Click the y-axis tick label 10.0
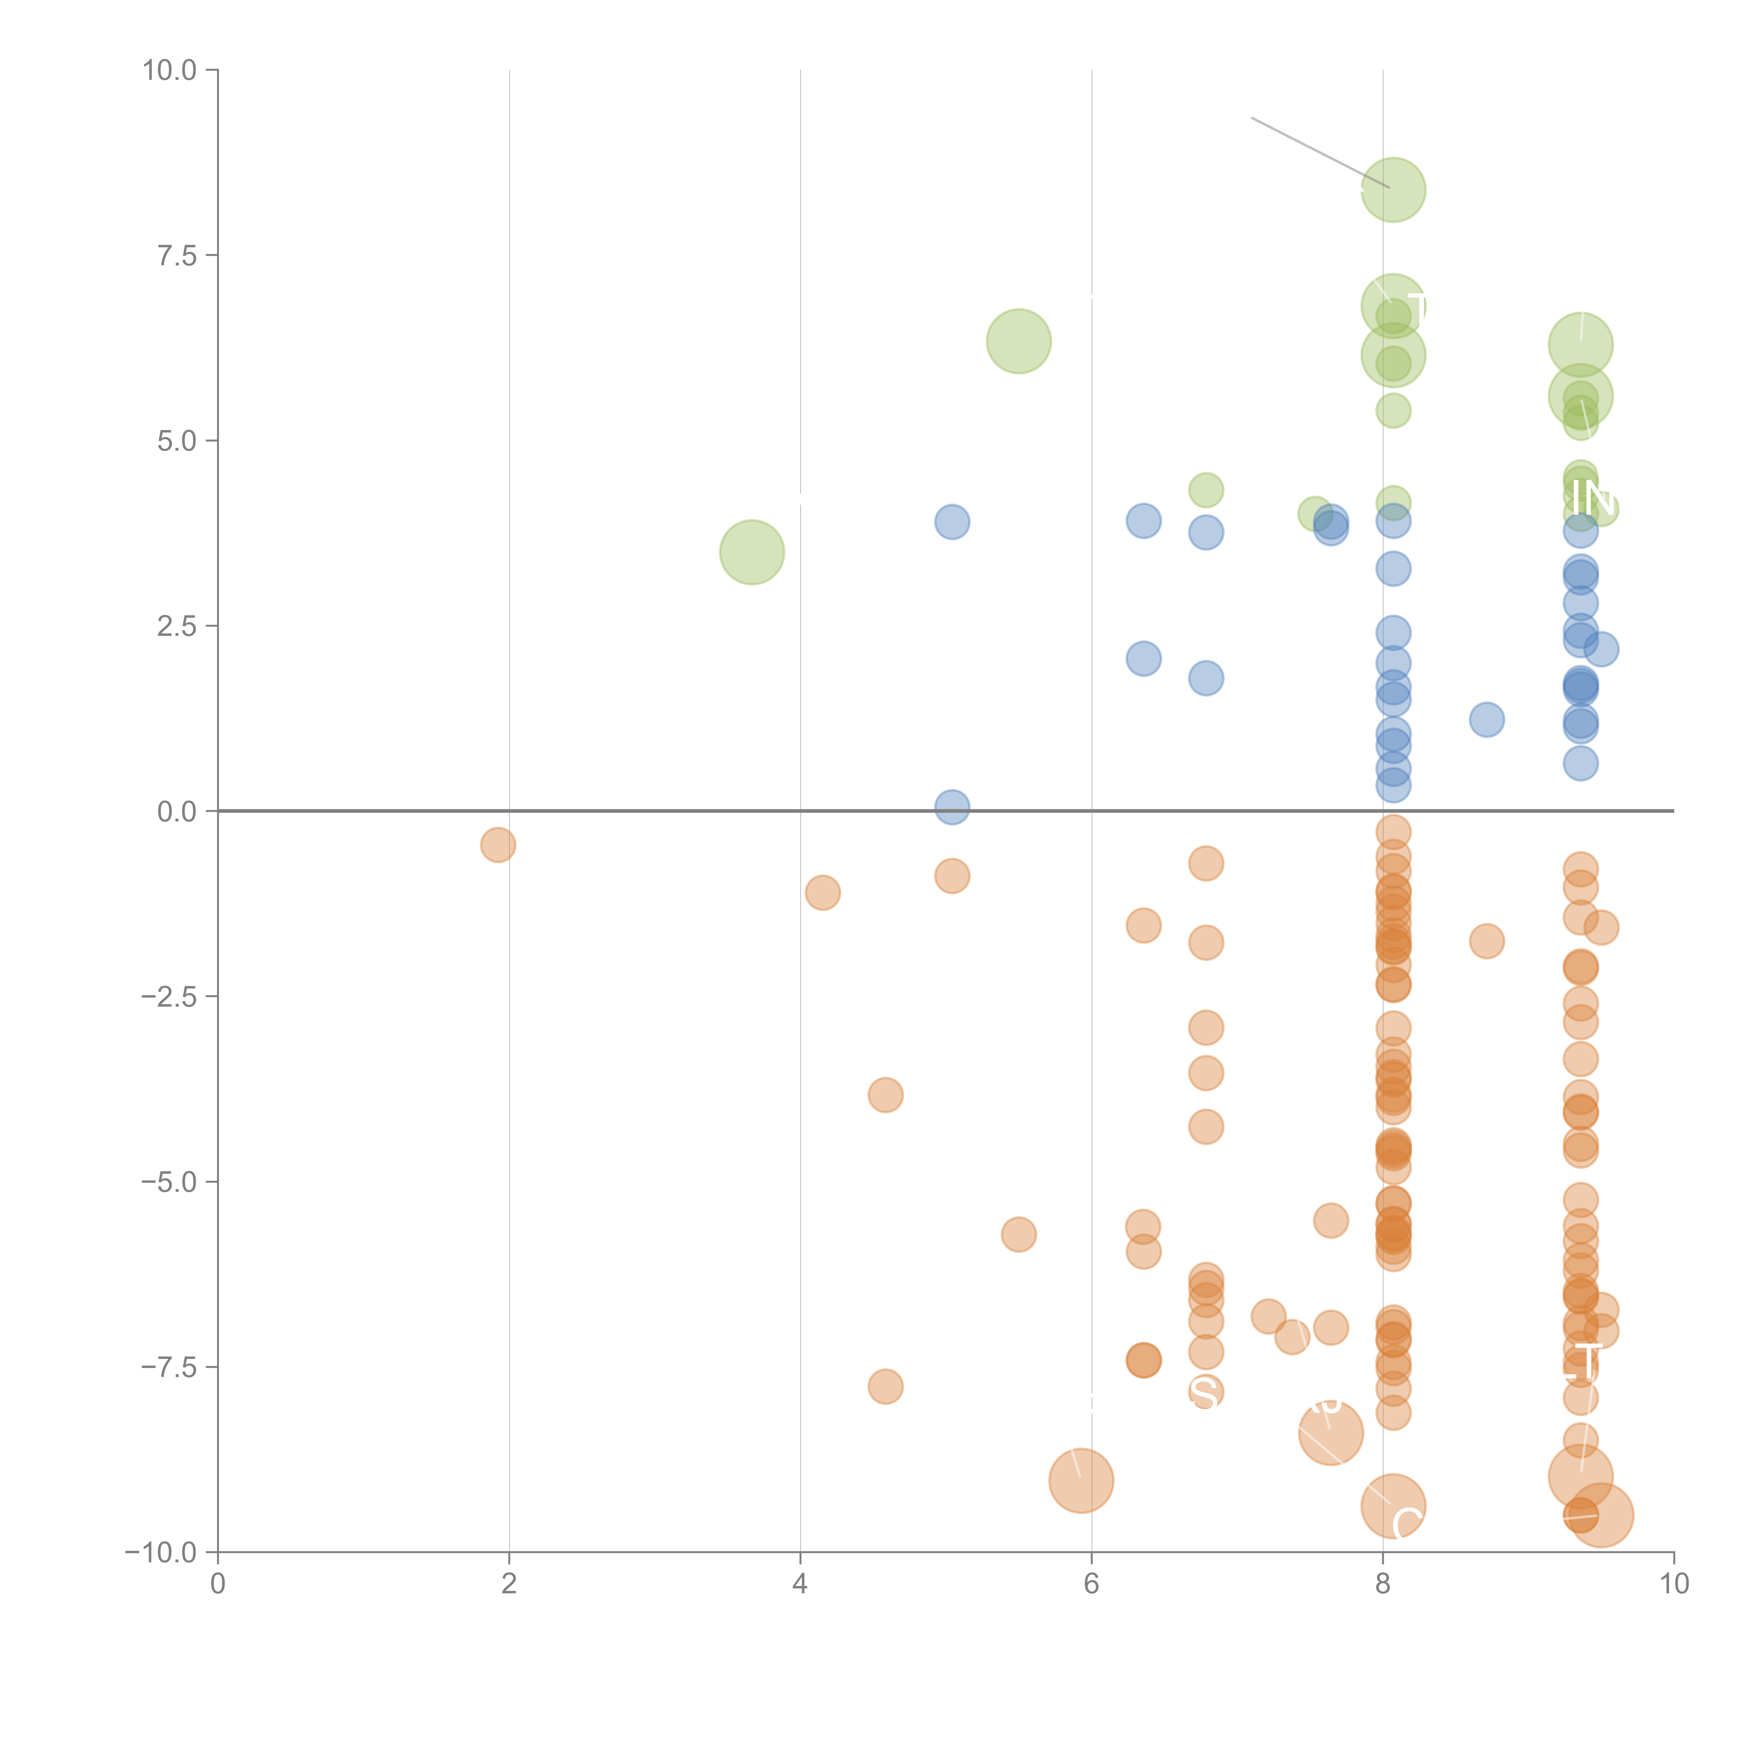(170, 70)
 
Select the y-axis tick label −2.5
(170, 997)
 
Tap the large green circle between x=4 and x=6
(1018, 341)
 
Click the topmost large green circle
(1393, 189)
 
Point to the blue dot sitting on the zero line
(952, 807)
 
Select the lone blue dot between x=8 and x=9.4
(1486, 720)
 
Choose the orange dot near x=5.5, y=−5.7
(1018, 1234)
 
